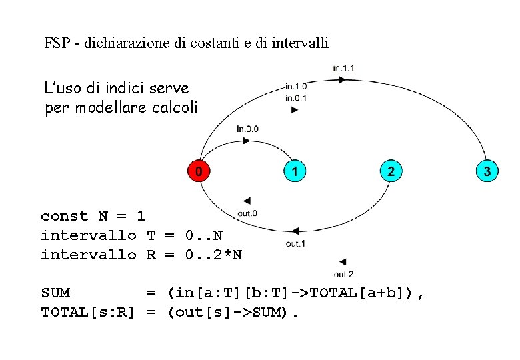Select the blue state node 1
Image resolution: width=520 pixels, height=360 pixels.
(294, 171)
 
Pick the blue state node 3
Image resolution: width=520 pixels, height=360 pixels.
(487, 171)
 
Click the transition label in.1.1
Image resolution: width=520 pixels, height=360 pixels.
(343, 67)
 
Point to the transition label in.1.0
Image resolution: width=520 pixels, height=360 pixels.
(295, 86)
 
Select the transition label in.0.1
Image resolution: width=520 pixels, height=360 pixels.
(295, 97)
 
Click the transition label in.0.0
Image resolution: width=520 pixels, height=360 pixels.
(247, 129)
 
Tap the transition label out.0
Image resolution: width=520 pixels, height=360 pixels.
(247, 213)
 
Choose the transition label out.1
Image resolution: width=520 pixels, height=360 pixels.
(295, 243)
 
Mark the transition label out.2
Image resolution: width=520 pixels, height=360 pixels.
(343, 274)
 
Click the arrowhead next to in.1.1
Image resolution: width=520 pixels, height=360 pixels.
(342, 79)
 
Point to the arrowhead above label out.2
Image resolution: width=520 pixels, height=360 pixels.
(343, 261)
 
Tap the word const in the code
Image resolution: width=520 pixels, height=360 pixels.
(65, 216)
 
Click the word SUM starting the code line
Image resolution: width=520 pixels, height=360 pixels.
(55, 293)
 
